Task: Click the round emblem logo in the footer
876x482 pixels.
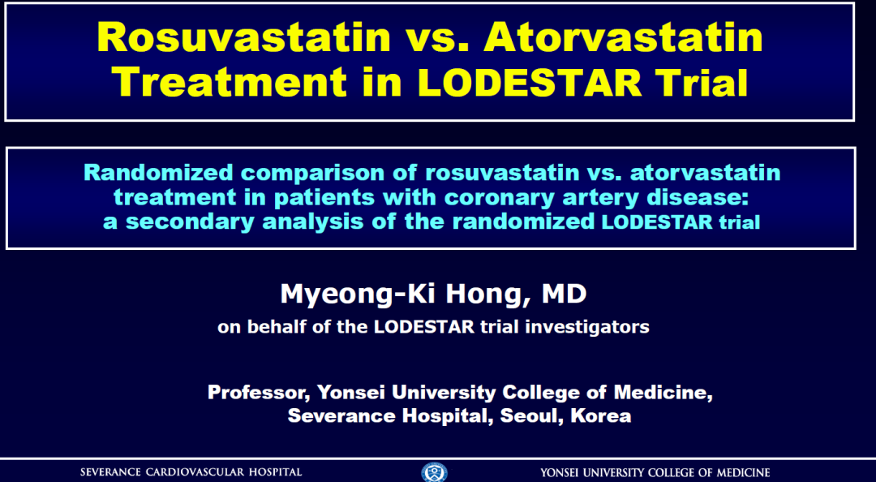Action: [434, 472]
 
